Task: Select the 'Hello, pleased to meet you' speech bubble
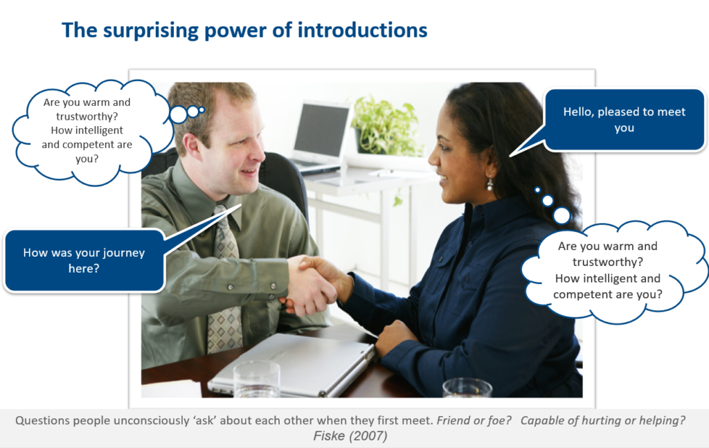624,119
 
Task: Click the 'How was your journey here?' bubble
84,260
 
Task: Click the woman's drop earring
490,184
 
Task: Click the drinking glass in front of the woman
467,387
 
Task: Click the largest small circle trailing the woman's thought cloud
562,215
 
